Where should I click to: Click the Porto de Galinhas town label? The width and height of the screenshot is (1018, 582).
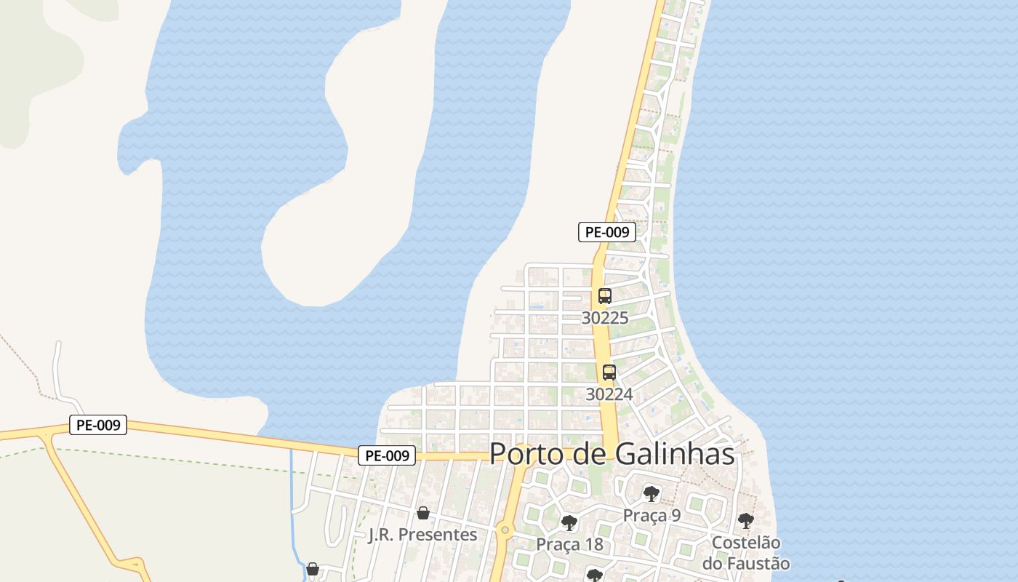click(612, 454)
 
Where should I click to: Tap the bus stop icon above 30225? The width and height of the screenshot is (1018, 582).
click(604, 296)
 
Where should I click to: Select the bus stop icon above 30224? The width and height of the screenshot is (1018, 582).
click(609, 372)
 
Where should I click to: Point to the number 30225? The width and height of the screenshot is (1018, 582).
click(605, 318)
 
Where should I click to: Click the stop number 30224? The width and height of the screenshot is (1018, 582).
click(609, 394)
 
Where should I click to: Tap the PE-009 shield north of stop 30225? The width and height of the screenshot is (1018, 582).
click(607, 232)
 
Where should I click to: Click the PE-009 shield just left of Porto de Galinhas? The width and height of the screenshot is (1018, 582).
click(387, 455)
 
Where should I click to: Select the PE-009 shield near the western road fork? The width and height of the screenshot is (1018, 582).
click(98, 425)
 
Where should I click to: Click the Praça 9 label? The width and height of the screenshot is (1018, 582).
click(652, 515)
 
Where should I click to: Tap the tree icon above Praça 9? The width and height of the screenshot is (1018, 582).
click(651, 495)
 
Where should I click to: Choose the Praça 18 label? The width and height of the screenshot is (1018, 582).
click(569, 544)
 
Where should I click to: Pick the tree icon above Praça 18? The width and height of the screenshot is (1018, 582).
click(569, 523)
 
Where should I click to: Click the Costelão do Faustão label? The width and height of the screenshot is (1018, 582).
click(746, 553)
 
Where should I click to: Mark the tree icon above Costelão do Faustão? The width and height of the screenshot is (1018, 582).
click(745, 521)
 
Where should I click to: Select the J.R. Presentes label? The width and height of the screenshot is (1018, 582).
click(422, 535)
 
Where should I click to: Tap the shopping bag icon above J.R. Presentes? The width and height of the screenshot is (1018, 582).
click(422, 513)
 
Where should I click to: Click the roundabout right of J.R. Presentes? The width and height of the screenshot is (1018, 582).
click(505, 530)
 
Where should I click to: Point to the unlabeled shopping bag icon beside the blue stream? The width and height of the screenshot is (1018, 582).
click(313, 569)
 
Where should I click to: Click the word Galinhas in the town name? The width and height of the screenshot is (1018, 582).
click(675, 454)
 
